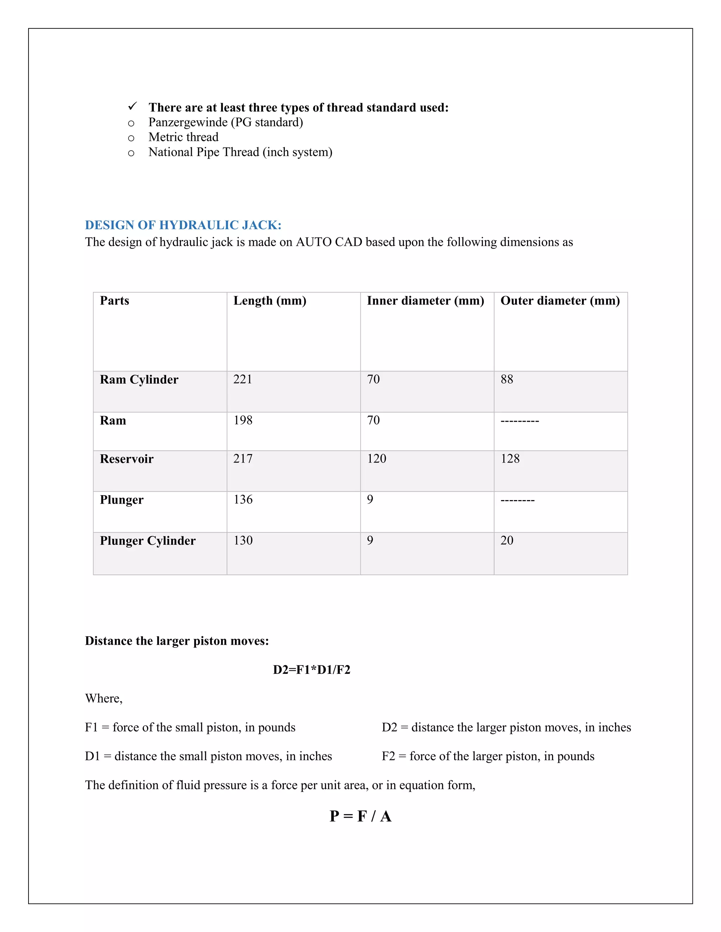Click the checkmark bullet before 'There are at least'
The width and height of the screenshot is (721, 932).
[132, 106]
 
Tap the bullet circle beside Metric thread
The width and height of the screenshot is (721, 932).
[131, 138]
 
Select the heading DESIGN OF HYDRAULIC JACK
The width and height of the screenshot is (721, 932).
[183, 225]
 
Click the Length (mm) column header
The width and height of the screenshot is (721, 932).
[270, 301]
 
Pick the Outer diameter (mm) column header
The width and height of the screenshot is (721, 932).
[560, 301]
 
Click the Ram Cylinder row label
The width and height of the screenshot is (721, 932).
[139, 380]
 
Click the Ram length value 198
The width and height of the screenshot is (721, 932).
[243, 420]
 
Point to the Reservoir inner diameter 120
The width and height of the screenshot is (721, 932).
[376, 459]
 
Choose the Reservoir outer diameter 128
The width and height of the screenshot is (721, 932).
[510, 459]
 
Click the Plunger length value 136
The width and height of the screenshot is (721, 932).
[243, 500]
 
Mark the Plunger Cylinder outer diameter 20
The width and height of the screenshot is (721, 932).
[507, 541]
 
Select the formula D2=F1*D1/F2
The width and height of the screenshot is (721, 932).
[311, 670]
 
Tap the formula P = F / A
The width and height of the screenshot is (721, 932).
[360, 816]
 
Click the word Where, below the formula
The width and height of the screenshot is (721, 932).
[104, 698]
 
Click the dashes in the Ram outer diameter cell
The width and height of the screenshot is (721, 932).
[519, 421]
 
